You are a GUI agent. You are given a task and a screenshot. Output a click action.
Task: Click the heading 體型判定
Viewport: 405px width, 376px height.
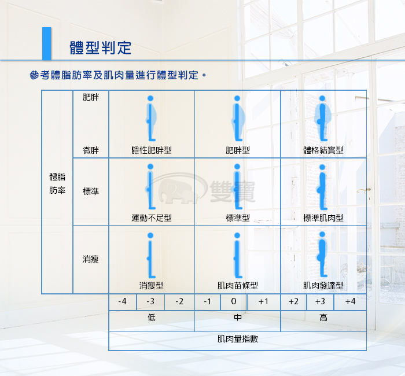click(101, 48)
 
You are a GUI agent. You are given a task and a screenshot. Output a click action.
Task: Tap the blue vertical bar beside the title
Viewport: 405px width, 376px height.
click(47, 43)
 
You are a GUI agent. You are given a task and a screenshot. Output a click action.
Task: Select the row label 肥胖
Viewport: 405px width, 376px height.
click(91, 97)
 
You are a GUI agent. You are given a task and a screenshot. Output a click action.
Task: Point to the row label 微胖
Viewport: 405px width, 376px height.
click(91, 150)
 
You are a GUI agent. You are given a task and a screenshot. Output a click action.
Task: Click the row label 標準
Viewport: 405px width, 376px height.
click(91, 191)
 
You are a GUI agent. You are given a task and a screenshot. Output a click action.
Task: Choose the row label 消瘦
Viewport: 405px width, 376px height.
click(91, 259)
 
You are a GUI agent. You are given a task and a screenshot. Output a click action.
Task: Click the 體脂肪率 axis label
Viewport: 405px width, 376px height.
click(57, 183)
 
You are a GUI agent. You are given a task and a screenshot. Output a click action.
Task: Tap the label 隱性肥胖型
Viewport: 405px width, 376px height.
click(152, 150)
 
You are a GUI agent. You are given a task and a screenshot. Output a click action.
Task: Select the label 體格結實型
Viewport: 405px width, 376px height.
click(323, 150)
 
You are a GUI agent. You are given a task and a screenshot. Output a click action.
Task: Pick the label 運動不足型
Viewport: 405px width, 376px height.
click(152, 218)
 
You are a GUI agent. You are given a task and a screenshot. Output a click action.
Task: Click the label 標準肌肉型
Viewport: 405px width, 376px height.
click(323, 218)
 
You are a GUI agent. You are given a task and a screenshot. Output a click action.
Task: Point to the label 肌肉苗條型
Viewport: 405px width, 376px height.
click(238, 285)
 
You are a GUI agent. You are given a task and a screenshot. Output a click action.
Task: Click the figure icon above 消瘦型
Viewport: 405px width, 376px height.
click(150, 255)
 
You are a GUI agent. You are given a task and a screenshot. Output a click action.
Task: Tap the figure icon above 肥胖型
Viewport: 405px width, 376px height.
click(238, 118)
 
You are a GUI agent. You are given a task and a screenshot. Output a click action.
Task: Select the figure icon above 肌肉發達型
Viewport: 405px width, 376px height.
click(322, 254)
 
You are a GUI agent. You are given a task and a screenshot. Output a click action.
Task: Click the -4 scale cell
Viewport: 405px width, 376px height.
click(123, 301)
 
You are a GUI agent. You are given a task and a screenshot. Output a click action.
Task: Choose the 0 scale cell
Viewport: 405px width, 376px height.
click(234, 301)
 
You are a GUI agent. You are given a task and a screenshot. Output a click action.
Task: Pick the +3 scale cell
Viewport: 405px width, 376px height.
click(321, 301)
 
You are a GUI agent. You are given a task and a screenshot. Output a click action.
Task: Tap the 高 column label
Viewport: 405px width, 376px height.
click(323, 318)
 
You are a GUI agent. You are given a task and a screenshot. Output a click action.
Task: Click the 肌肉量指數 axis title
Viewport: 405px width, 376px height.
click(238, 339)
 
